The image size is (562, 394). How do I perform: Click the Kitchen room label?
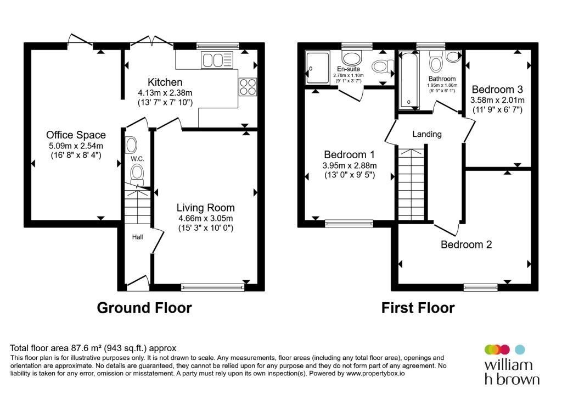pyautogui.click(x=165, y=82)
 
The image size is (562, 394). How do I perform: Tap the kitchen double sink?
pyautogui.click(x=217, y=60)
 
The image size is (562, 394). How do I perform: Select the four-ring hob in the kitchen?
pyautogui.click(x=248, y=86)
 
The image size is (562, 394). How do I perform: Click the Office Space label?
pyautogui.click(x=76, y=135)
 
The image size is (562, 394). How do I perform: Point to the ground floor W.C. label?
pyautogui.click(x=137, y=159)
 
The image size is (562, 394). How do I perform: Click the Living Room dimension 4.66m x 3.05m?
pyautogui.click(x=206, y=218)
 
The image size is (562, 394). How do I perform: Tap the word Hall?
pyautogui.click(x=137, y=237)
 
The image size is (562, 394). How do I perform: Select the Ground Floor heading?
pyautogui.click(x=144, y=308)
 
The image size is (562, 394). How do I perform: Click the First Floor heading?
pyautogui.click(x=418, y=308)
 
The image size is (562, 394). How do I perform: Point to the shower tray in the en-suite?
pyautogui.click(x=317, y=68)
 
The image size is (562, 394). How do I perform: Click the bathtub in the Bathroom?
pyautogui.click(x=408, y=79)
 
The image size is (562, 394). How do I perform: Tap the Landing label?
pyautogui.click(x=427, y=134)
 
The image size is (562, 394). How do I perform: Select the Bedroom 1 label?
pyautogui.click(x=349, y=154)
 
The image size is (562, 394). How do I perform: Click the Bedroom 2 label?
pyautogui.click(x=467, y=245)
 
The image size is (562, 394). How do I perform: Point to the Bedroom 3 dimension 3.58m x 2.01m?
pyautogui.click(x=497, y=100)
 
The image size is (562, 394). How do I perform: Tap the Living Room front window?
pyautogui.click(x=213, y=286)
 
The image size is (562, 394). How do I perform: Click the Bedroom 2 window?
pyautogui.click(x=481, y=286)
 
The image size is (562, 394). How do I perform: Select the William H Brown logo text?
pyautogui.click(x=512, y=372)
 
